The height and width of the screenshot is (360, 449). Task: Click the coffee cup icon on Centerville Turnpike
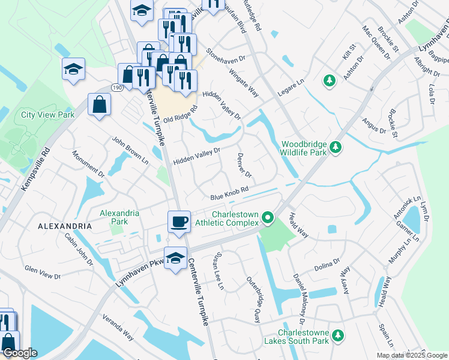(x=179, y=221)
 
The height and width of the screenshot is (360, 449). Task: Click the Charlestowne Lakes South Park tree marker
(x=339, y=335)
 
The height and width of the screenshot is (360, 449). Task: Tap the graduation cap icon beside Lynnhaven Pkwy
(x=175, y=258)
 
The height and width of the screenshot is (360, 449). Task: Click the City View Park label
(x=47, y=114)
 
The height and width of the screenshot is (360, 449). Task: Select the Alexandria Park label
(x=119, y=217)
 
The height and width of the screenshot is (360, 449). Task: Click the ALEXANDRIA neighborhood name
(x=65, y=226)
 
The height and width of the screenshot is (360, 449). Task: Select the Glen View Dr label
(x=42, y=272)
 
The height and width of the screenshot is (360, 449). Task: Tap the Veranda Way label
(x=118, y=327)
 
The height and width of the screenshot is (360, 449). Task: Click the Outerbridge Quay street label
(x=253, y=300)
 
